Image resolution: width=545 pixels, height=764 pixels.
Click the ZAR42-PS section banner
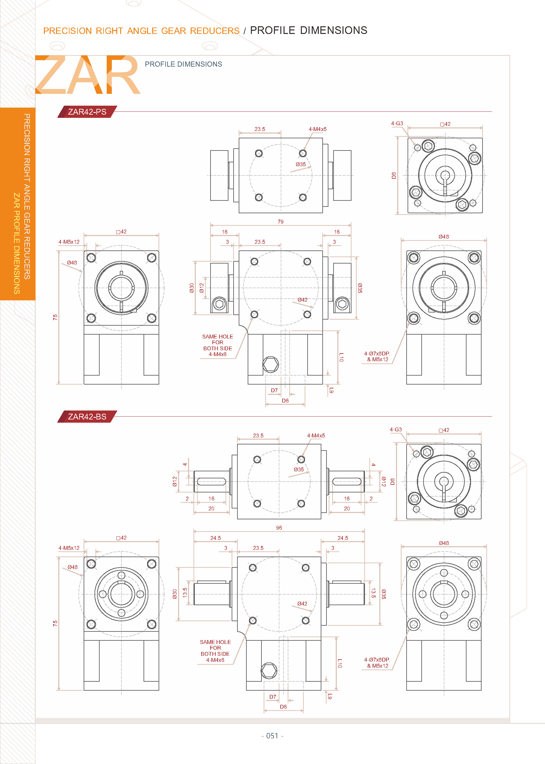pos(87,112)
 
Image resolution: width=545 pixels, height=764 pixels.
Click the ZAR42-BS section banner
pos(87,417)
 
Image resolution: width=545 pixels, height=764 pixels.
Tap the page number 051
pos(272,736)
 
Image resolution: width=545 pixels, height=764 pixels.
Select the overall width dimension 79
pos(281,222)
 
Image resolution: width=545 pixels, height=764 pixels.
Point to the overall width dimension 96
pos(279,528)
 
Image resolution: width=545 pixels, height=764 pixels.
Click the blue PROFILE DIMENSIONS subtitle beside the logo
pos(183,64)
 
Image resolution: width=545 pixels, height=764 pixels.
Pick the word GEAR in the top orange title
pos(174,31)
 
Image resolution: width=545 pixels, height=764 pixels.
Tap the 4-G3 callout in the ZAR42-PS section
pos(397,123)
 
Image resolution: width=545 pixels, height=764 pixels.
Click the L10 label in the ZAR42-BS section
pos(340,663)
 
